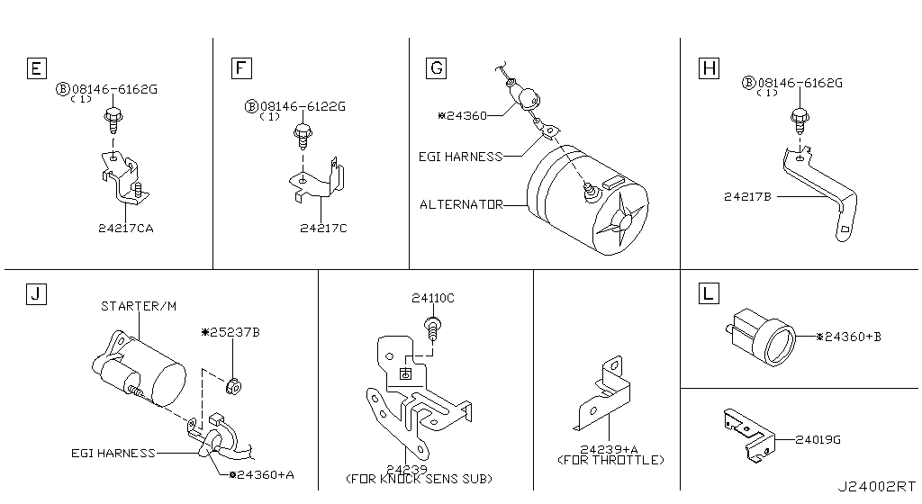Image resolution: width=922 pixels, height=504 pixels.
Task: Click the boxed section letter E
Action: (x=35, y=68)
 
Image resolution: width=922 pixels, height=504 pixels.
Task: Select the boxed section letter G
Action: (x=437, y=68)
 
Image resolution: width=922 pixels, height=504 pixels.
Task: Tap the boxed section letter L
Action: (x=709, y=293)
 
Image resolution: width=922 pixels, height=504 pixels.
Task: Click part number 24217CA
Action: (x=126, y=229)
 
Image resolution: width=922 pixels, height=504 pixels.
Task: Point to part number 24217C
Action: (x=323, y=229)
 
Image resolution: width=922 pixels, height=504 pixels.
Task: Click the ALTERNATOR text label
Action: (x=460, y=204)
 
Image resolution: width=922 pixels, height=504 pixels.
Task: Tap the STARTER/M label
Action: (x=138, y=306)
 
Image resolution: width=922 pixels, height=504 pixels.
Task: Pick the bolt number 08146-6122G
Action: (x=302, y=106)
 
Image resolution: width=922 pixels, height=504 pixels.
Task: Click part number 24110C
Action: (x=433, y=298)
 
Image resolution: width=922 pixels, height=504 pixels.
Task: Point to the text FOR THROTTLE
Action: (x=611, y=460)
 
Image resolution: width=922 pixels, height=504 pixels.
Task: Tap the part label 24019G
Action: (x=818, y=439)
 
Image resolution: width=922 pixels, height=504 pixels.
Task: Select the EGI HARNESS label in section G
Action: (x=460, y=157)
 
